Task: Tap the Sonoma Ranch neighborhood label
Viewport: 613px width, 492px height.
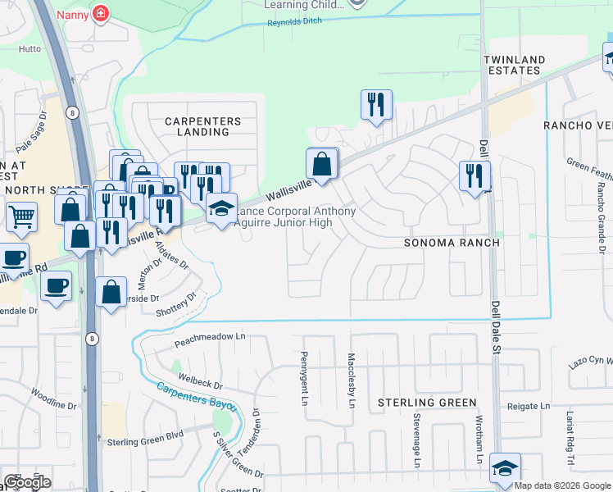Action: coord(452,244)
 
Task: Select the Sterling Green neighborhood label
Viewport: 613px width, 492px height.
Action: coord(427,403)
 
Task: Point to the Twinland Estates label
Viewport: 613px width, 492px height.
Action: coord(512,66)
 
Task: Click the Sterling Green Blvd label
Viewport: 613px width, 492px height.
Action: coord(145,442)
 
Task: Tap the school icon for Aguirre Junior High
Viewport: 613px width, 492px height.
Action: coord(220,208)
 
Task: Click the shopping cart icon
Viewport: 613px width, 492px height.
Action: coord(21,217)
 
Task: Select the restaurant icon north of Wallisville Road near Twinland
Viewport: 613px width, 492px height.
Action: coord(376,104)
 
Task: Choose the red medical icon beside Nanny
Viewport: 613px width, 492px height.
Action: coord(100,13)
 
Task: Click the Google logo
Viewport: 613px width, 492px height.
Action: coord(27,482)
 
